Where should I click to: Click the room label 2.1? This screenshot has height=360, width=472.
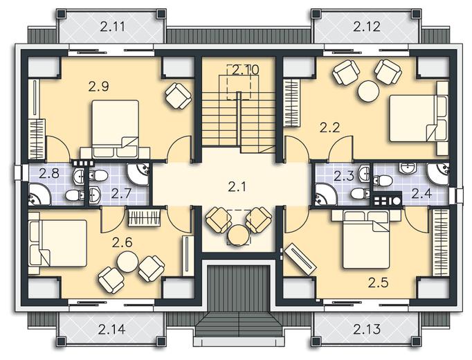pos(237,187)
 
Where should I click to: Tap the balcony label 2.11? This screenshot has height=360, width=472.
pos(112,27)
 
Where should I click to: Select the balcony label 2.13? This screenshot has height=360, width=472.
pos(367,330)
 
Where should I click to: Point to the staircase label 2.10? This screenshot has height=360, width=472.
pos(245,70)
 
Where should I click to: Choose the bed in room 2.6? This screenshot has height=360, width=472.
pos(58,243)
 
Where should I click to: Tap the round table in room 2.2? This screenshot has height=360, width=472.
pos(368,91)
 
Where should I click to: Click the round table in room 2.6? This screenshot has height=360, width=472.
pos(128,262)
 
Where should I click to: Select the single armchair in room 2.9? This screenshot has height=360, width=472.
pos(179,96)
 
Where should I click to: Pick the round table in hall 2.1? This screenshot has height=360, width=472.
pos(238,235)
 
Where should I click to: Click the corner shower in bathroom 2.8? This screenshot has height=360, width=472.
pos(39,195)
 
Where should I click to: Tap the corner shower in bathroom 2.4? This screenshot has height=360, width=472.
pos(439,173)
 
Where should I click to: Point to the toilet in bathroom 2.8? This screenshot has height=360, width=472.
pos(74,195)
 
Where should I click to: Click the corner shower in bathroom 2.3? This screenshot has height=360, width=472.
pos(326,195)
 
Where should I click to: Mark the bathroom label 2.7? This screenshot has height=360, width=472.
pos(121,194)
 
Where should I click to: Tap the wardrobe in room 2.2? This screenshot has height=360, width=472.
pos(292,102)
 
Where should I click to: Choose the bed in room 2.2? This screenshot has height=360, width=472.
pos(419,118)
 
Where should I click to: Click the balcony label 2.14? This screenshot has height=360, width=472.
pos(111,330)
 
